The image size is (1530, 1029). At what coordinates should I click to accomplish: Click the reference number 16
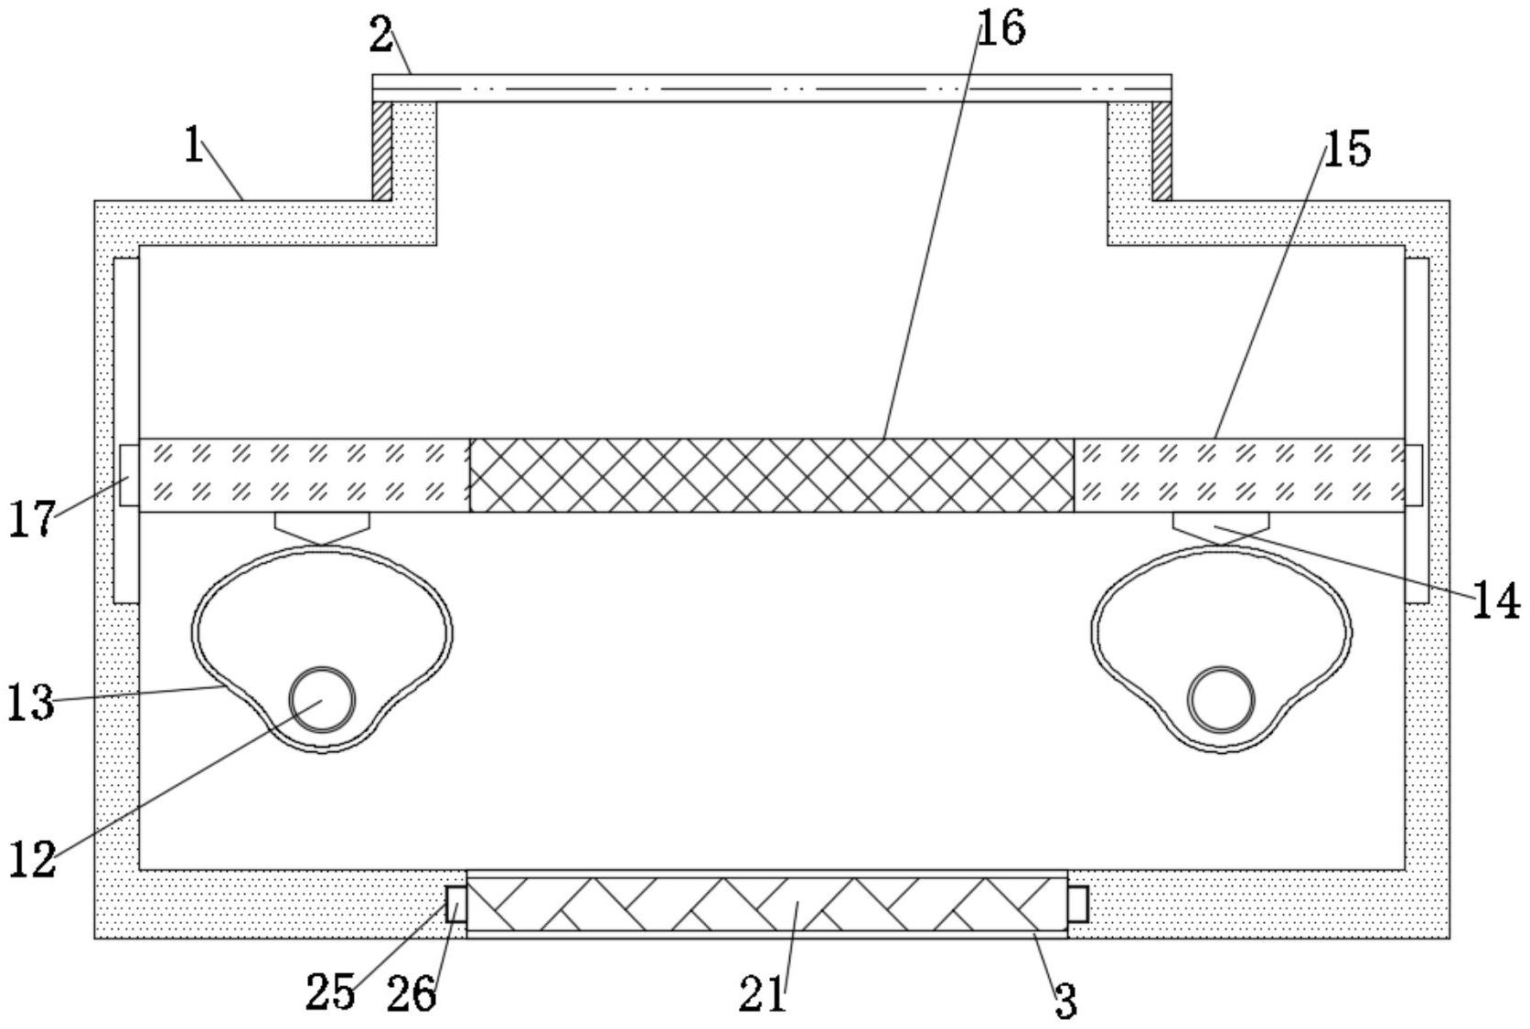[1001, 28]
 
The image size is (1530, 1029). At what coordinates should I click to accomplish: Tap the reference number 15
[1347, 149]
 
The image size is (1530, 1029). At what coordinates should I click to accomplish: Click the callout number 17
[32, 519]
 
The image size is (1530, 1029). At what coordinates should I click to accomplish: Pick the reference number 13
[31, 703]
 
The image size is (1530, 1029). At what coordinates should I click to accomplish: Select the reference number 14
[1494, 602]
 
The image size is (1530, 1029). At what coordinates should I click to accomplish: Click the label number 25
[329, 992]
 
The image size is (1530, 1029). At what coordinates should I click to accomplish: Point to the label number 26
[411, 994]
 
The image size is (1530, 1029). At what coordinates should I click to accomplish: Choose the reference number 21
[762, 994]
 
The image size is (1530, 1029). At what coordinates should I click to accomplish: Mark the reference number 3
[1065, 1002]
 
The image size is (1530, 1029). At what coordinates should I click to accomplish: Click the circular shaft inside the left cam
[321, 700]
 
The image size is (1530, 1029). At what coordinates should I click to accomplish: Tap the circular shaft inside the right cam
[1221, 700]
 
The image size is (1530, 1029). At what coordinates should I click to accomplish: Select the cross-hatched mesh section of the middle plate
[771, 475]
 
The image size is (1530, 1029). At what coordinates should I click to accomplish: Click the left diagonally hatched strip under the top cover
[382, 150]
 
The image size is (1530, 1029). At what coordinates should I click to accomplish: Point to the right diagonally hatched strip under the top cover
[1161, 150]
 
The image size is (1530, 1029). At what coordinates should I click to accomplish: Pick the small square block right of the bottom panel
[1078, 904]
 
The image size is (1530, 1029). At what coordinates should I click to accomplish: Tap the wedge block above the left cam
[322, 526]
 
